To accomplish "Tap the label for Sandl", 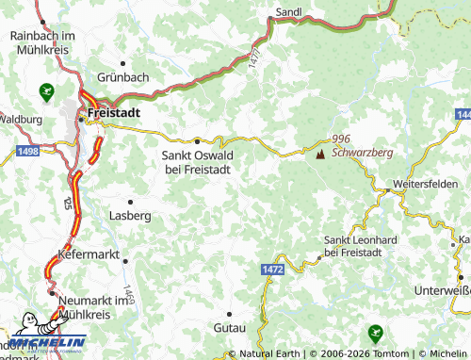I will click(x=287, y=11).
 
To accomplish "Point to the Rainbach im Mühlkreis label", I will click(x=43, y=41).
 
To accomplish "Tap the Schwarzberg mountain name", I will click(x=362, y=151).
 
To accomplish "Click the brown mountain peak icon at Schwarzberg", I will click(x=320, y=151).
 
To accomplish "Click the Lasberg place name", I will click(x=131, y=216).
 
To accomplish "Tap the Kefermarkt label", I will click(x=92, y=256).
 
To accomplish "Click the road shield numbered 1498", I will click(x=27, y=150).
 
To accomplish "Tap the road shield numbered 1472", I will click(x=273, y=270).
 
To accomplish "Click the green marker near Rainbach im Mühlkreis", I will click(x=46, y=91).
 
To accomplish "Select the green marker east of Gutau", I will click(x=376, y=332).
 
